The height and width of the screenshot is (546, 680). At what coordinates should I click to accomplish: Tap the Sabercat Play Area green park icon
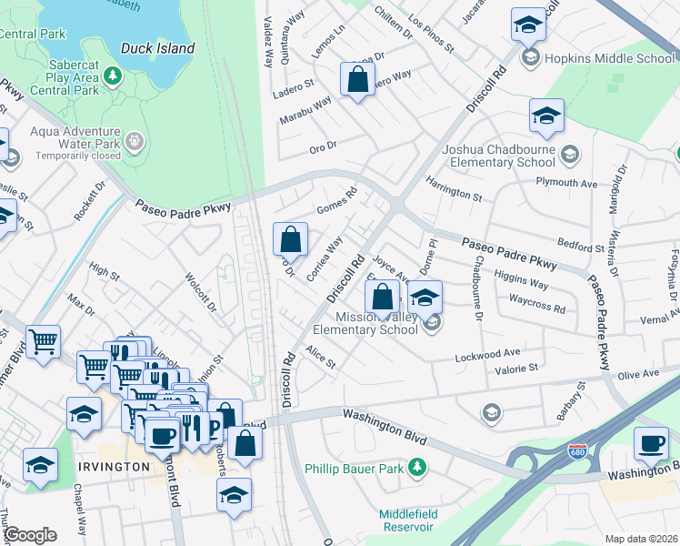coord(113,75)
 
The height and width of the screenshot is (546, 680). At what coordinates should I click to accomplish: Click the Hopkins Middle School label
coord(609,58)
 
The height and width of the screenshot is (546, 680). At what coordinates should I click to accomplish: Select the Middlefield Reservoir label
coord(408,521)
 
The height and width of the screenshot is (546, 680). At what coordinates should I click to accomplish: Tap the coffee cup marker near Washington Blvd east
coord(650,443)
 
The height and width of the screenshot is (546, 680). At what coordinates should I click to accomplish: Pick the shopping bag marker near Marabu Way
coord(358,79)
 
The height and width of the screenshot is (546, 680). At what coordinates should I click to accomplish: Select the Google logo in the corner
coord(30,535)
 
